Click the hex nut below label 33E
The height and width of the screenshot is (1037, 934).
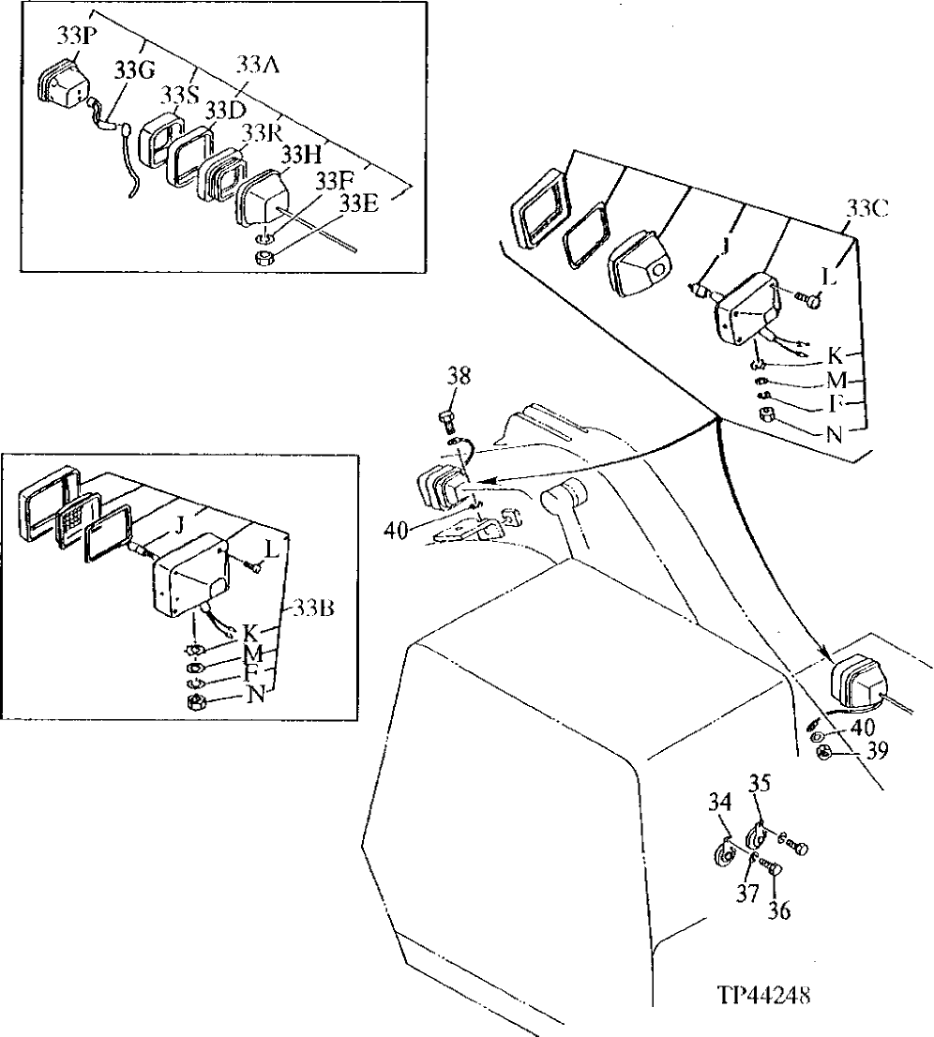(265, 254)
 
